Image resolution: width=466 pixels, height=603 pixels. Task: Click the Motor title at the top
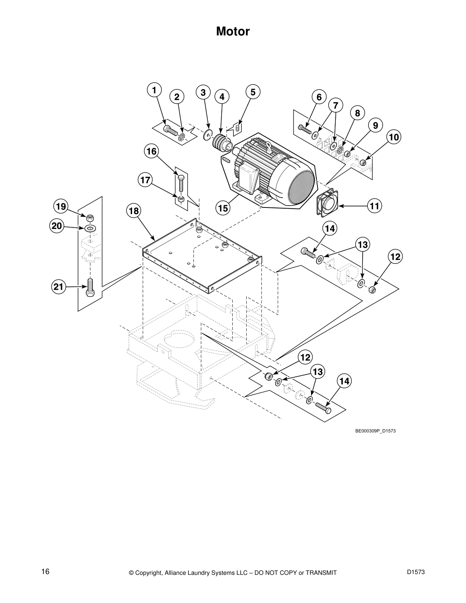(233, 31)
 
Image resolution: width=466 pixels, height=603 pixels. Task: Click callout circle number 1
(154, 90)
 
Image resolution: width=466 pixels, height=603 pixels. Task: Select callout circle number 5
(253, 92)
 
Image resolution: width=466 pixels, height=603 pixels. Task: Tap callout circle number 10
(394, 137)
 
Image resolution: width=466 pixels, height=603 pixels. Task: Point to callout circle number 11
(375, 206)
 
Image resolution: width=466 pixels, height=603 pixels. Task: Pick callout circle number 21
(58, 287)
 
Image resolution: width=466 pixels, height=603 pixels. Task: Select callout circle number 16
(152, 151)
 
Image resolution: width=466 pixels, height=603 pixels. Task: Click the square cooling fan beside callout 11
(327, 203)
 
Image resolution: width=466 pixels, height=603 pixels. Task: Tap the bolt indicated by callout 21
(90, 287)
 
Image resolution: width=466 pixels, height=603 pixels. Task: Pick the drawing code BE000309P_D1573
(373, 431)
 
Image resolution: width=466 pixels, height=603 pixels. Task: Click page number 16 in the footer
(45, 571)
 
